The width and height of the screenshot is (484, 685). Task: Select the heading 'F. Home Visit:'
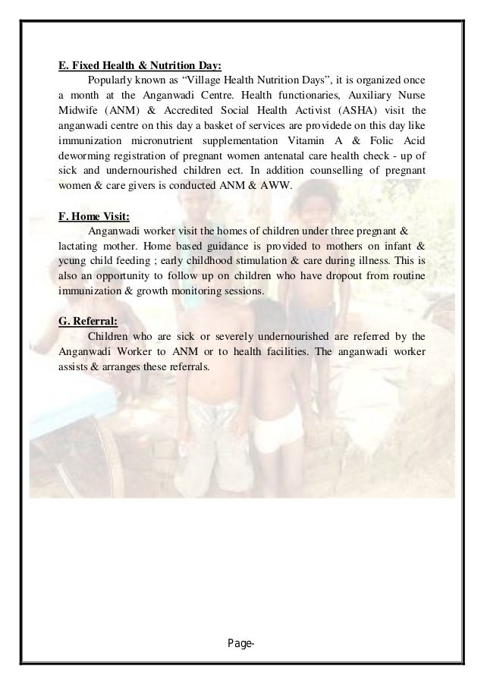[94, 214]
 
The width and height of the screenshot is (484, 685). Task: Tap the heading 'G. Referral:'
[87, 319]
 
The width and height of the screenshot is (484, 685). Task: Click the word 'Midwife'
[78, 110]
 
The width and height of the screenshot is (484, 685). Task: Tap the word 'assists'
[74, 365]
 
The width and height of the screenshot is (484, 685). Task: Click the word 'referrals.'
[193, 365]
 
